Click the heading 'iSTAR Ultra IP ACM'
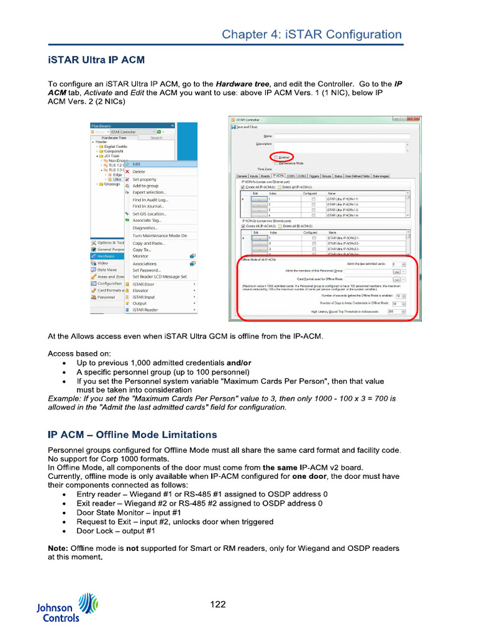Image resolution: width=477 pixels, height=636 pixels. pos(96,60)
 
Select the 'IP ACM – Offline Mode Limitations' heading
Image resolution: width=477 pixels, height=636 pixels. pos(132,434)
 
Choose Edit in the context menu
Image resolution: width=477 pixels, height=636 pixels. pos(137,164)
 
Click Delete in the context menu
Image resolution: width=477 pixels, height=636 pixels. pos(139,171)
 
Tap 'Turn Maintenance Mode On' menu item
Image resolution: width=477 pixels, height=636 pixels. pos(159,235)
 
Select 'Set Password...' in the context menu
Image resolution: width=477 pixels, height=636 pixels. pos(147,270)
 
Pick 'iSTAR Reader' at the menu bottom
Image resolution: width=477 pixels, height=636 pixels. pos(145,309)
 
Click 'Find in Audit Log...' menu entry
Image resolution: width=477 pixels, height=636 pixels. pos(150,200)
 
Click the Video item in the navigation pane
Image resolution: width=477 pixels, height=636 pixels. pos(102,263)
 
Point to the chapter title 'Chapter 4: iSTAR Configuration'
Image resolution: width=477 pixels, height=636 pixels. pos(312,35)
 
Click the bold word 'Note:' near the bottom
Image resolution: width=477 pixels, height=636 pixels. pos(58,548)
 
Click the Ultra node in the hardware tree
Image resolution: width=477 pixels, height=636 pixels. pos(117,179)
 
